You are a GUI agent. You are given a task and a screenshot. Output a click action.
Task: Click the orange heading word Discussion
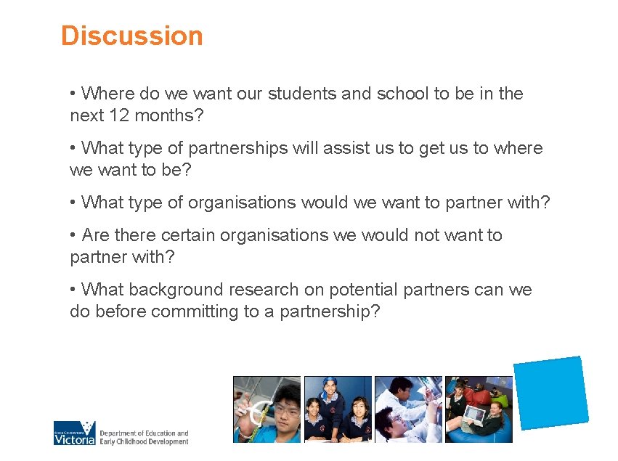click(131, 36)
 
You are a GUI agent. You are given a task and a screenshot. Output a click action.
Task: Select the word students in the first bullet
click(303, 94)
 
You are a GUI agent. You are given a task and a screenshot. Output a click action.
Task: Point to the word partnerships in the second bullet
click(237, 148)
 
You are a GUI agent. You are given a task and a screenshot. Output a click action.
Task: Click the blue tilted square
click(550, 392)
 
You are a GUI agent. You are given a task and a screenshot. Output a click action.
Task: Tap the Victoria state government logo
click(74, 433)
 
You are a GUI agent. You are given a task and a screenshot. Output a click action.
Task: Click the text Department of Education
click(144, 433)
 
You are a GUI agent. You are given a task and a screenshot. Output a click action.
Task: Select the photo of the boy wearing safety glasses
click(267, 409)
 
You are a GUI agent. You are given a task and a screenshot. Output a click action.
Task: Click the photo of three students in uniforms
click(338, 409)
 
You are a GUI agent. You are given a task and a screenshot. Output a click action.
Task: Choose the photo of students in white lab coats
click(408, 409)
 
